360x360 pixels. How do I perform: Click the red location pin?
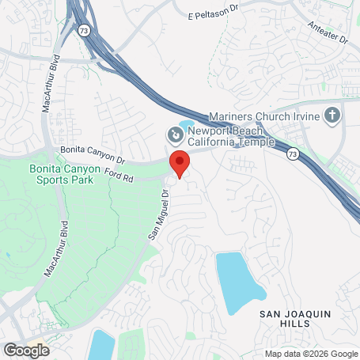[x=180, y=163]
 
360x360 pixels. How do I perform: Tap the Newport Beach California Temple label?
[x=230, y=136]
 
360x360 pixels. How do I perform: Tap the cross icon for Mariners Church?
[x=332, y=116]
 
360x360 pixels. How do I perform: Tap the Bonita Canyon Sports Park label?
[x=61, y=174]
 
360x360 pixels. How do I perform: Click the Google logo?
[x=25, y=349]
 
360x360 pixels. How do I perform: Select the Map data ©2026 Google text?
[x=311, y=354]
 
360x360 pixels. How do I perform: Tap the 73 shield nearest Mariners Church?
[x=293, y=153]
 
